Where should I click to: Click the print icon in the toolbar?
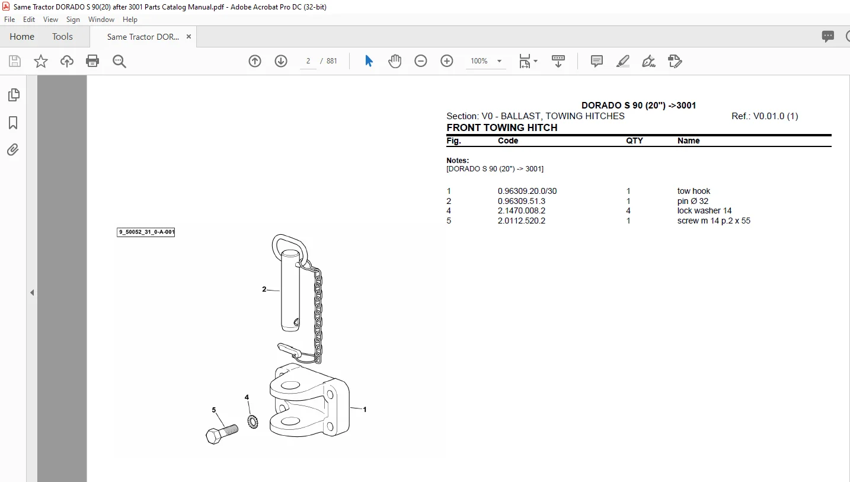92,60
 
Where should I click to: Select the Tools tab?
62,36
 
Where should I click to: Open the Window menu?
101,20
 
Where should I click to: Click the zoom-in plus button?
446,60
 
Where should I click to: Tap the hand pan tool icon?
395,60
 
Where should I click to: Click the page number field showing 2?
308,60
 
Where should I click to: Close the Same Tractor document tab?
188,36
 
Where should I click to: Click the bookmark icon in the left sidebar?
13,123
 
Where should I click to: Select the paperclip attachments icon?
13,149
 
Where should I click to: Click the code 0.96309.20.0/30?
527,191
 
